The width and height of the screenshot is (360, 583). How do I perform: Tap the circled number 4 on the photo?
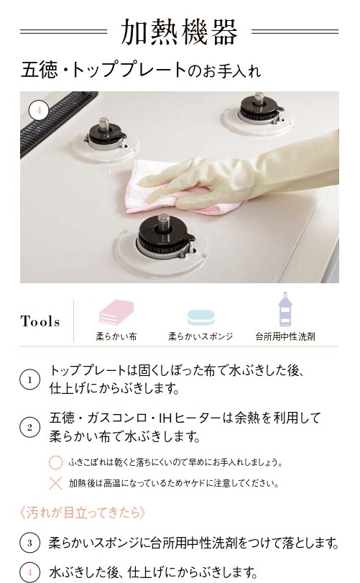[39, 111]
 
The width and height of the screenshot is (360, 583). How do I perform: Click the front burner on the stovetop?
[165, 237]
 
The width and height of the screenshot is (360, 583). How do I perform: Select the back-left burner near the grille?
[106, 135]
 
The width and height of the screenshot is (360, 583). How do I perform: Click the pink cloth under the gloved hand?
[175, 188]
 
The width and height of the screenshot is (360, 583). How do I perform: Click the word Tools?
[40, 321]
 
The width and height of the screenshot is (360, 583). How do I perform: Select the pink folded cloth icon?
[116, 312]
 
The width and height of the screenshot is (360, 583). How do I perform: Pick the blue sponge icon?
[200, 318]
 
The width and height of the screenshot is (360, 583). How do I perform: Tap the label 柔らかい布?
[116, 337]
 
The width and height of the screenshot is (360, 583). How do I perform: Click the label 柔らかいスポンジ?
[200, 337]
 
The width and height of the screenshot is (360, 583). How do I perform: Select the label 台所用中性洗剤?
[285, 337]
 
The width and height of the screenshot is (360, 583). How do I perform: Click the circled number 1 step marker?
[29, 380]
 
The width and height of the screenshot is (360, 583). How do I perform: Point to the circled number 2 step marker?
[29, 427]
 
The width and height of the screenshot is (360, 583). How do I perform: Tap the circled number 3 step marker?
[29, 543]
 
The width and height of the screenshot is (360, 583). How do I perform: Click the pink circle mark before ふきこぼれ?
[56, 462]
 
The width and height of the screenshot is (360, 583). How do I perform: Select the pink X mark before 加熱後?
[56, 483]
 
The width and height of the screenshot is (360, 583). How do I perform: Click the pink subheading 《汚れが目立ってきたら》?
[83, 513]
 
